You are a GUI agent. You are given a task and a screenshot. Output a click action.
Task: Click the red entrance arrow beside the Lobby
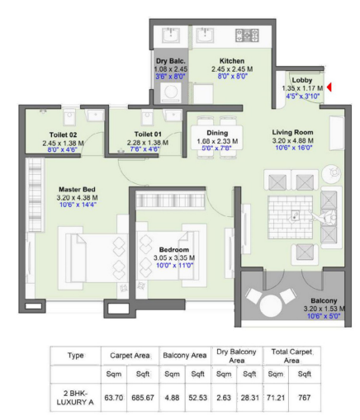[329, 87]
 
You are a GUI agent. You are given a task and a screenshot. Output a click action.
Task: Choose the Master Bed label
[52, 188]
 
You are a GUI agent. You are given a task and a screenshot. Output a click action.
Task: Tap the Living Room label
[295, 131]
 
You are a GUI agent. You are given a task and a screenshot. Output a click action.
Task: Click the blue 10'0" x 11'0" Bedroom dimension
[174, 266]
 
